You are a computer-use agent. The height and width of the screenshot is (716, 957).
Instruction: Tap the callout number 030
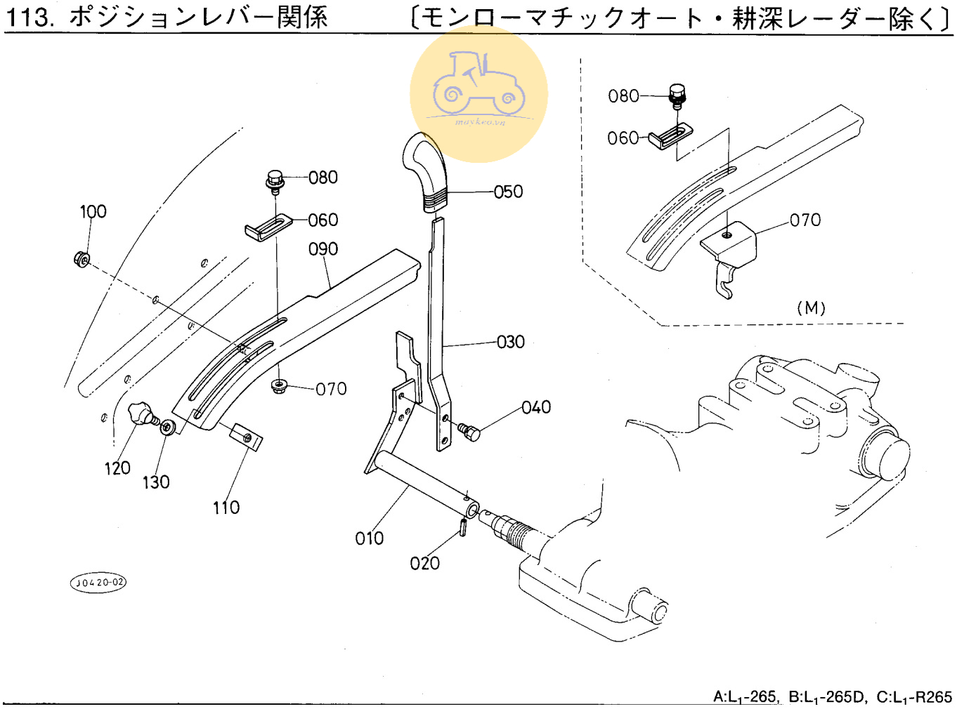[x=511, y=342]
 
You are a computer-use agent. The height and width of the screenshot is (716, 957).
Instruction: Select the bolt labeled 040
[x=469, y=431]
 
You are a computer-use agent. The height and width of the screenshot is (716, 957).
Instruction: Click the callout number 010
[x=370, y=538]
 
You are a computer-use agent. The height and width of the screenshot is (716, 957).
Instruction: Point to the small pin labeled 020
[x=464, y=526]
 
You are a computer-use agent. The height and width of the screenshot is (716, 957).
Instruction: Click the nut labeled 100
[x=82, y=260]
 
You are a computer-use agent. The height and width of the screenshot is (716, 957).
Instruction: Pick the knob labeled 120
[x=141, y=413]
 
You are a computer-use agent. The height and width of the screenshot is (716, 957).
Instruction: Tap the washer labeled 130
[x=168, y=427]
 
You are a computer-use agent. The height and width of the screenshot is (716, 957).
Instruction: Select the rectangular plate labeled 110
[x=246, y=437]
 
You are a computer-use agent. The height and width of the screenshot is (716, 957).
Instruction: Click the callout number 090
[x=323, y=249]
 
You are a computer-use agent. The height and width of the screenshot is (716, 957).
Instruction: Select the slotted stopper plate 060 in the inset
[x=670, y=135]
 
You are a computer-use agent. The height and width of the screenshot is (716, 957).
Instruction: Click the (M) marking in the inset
[x=811, y=307]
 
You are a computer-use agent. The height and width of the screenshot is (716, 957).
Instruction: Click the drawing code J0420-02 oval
[x=98, y=582]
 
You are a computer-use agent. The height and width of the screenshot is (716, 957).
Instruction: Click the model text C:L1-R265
[x=914, y=697]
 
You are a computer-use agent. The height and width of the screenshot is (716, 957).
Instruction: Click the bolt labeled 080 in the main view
[x=275, y=180]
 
